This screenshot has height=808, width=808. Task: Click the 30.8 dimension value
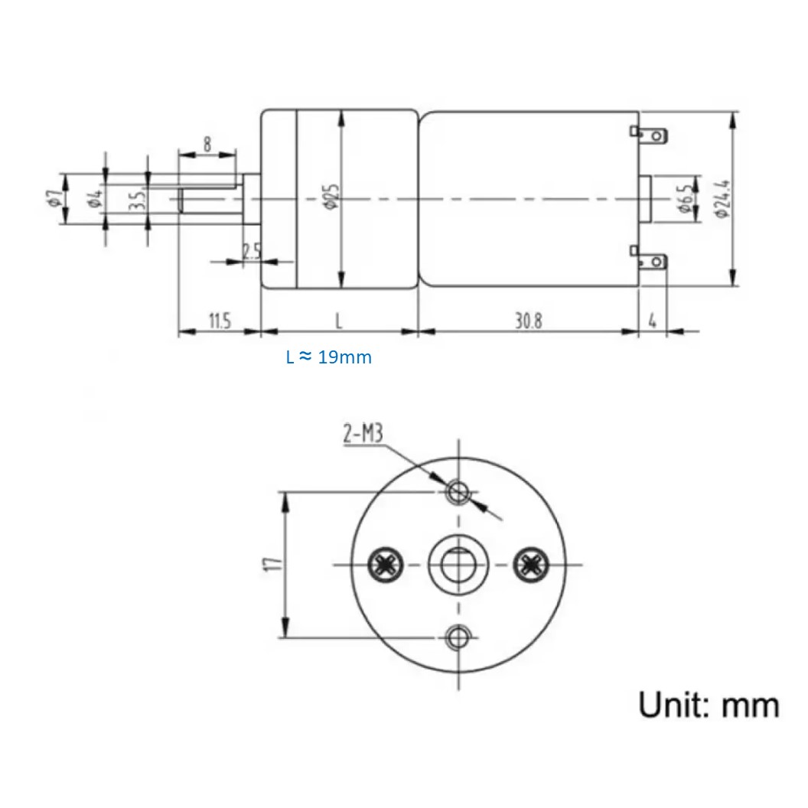click(x=528, y=321)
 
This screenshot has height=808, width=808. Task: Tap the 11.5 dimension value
click(x=219, y=321)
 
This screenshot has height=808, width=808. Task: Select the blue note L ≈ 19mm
click(x=329, y=357)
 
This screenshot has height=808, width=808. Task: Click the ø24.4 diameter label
click(x=723, y=200)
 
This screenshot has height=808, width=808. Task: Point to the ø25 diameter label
click(x=330, y=197)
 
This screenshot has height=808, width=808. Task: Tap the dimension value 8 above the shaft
click(x=207, y=143)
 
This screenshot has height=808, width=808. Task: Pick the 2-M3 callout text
click(x=362, y=435)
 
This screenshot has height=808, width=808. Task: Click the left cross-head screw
click(x=384, y=565)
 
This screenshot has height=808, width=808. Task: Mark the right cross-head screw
click(x=530, y=565)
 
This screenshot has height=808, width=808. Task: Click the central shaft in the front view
click(x=457, y=565)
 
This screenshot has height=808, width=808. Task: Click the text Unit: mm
click(x=709, y=704)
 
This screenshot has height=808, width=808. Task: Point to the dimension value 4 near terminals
click(x=652, y=321)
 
